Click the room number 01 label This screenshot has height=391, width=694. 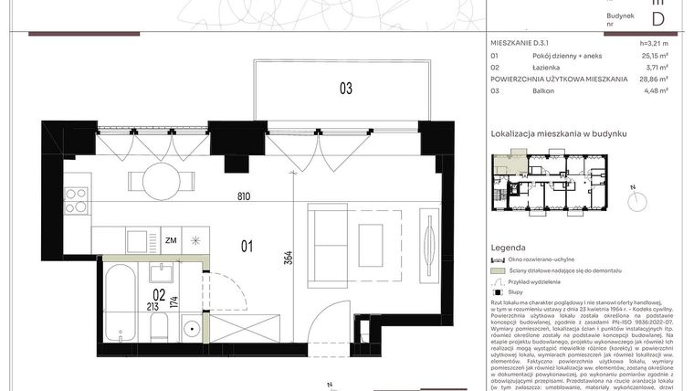click(246, 244)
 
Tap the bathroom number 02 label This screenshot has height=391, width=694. click(159, 294)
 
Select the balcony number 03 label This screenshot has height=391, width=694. click(345, 89)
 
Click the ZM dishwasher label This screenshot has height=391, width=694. click(170, 241)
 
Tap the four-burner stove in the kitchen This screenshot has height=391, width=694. click(75, 200)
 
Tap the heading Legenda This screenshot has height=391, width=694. click(508, 248)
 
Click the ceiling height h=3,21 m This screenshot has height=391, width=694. click(654, 43)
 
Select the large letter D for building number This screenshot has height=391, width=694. click(657, 17)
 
